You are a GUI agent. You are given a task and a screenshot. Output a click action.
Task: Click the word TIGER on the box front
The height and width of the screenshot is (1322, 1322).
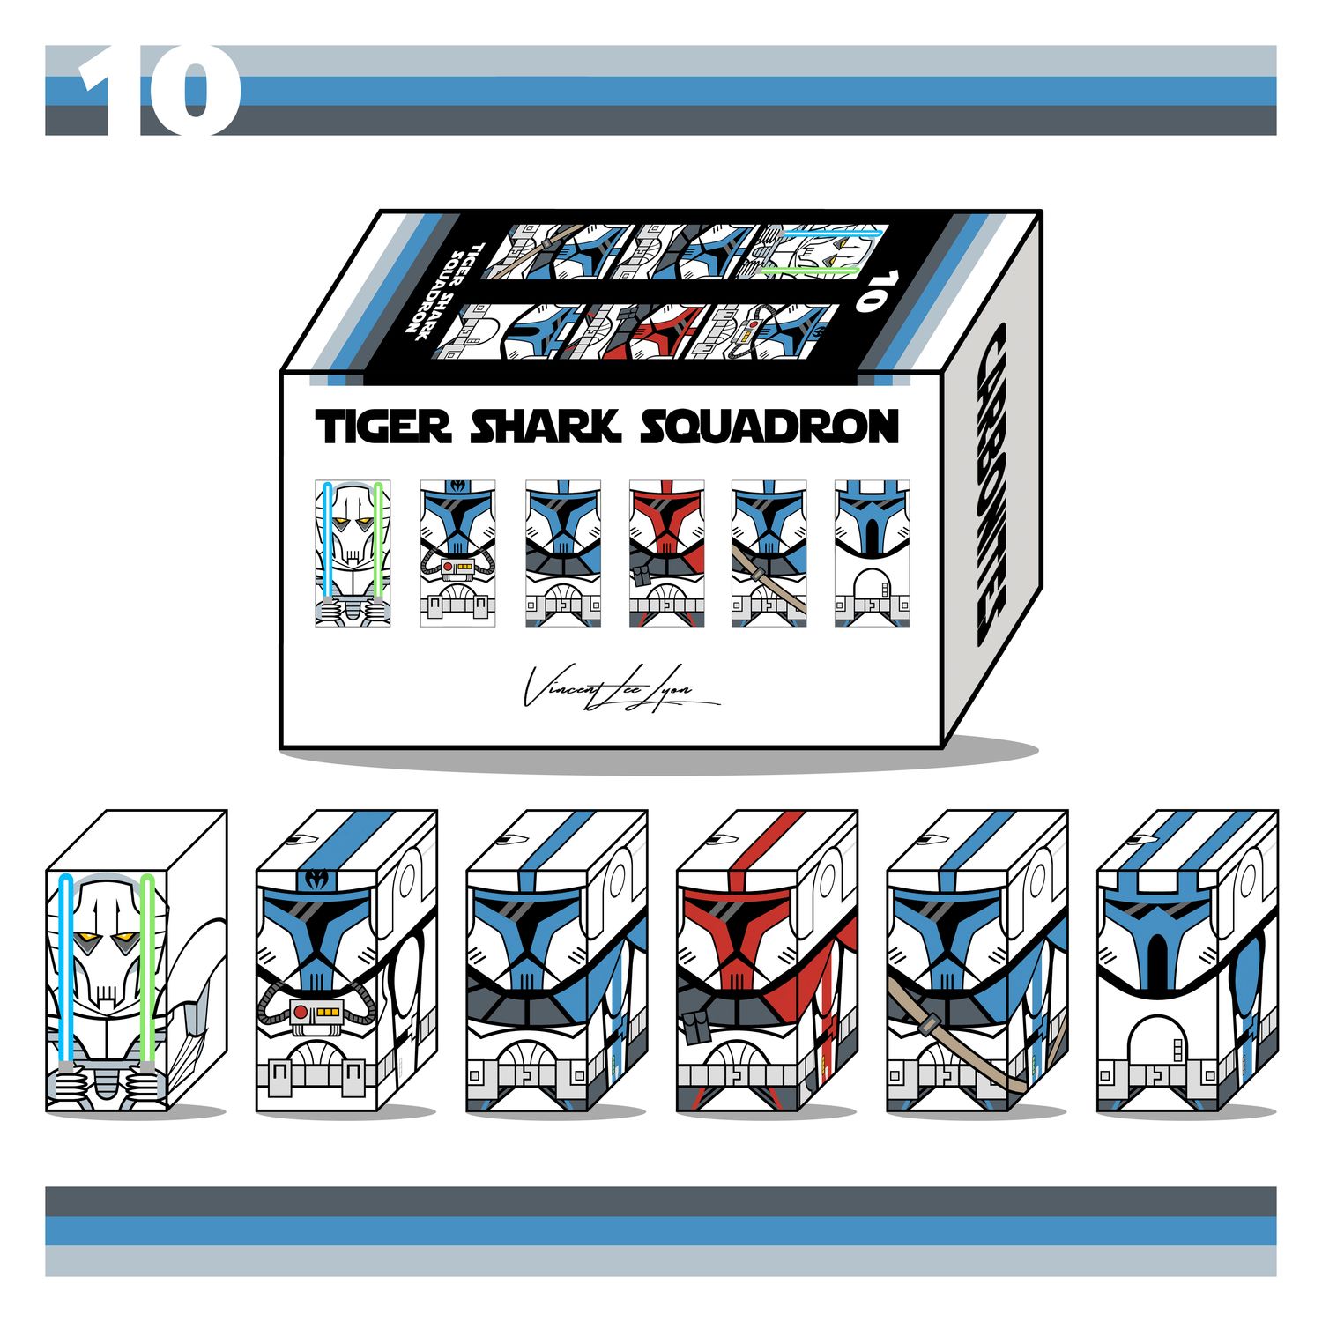(382, 427)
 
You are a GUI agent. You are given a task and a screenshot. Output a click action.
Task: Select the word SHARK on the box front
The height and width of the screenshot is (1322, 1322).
(544, 427)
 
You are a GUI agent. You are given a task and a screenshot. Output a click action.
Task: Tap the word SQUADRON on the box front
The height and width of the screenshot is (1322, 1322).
(769, 427)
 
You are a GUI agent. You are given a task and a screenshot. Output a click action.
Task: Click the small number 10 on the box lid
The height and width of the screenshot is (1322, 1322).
(869, 292)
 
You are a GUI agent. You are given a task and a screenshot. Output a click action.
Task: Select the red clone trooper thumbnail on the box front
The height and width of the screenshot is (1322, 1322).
(666, 553)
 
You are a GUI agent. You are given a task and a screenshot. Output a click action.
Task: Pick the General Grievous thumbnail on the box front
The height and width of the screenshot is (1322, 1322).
(353, 553)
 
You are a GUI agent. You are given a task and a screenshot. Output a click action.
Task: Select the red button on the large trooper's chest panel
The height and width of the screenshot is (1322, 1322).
(301, 1011)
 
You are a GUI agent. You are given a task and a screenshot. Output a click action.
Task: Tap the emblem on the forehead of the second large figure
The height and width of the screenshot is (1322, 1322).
(316, 879)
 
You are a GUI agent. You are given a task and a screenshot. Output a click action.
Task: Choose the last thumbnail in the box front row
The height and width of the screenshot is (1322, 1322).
(872, 553)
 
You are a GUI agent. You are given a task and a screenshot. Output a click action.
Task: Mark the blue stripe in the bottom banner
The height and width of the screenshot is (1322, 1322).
(661, 1230)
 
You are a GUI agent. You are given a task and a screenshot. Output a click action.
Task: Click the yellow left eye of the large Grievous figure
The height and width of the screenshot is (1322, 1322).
(87, 936)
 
